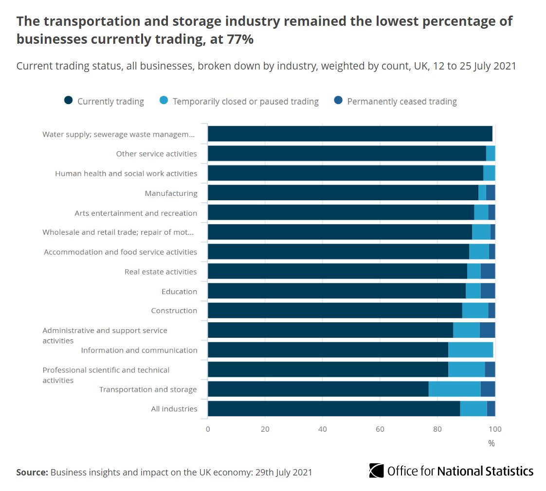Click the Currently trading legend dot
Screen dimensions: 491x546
tap(69, 101)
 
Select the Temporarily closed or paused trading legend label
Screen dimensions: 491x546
tap(245, 102)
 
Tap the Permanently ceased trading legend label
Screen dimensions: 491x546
tap(401, 102)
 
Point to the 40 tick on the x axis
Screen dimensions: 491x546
tap(322, 429)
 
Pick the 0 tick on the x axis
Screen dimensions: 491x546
tap(208, 429)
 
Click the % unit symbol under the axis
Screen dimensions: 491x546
tap(491, 443)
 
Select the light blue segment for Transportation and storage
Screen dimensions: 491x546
tap(455, 389)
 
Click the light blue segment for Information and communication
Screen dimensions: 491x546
tap(471, 350)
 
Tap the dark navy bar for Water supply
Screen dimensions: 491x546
tap(350, 134)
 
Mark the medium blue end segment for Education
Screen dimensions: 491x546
tap(488, 291)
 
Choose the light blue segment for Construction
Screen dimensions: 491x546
tap(475, 310)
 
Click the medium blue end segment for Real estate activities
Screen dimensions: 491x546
tap(488, 271)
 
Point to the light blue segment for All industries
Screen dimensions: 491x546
tap(473, 408)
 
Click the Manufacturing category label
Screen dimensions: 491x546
tap(171, 193)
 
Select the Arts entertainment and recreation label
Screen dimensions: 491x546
tap(136, 213)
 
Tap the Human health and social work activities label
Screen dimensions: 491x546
tap(126, 173)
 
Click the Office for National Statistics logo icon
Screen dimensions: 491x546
tap(376, 471)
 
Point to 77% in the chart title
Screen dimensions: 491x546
tap(240, 39)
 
